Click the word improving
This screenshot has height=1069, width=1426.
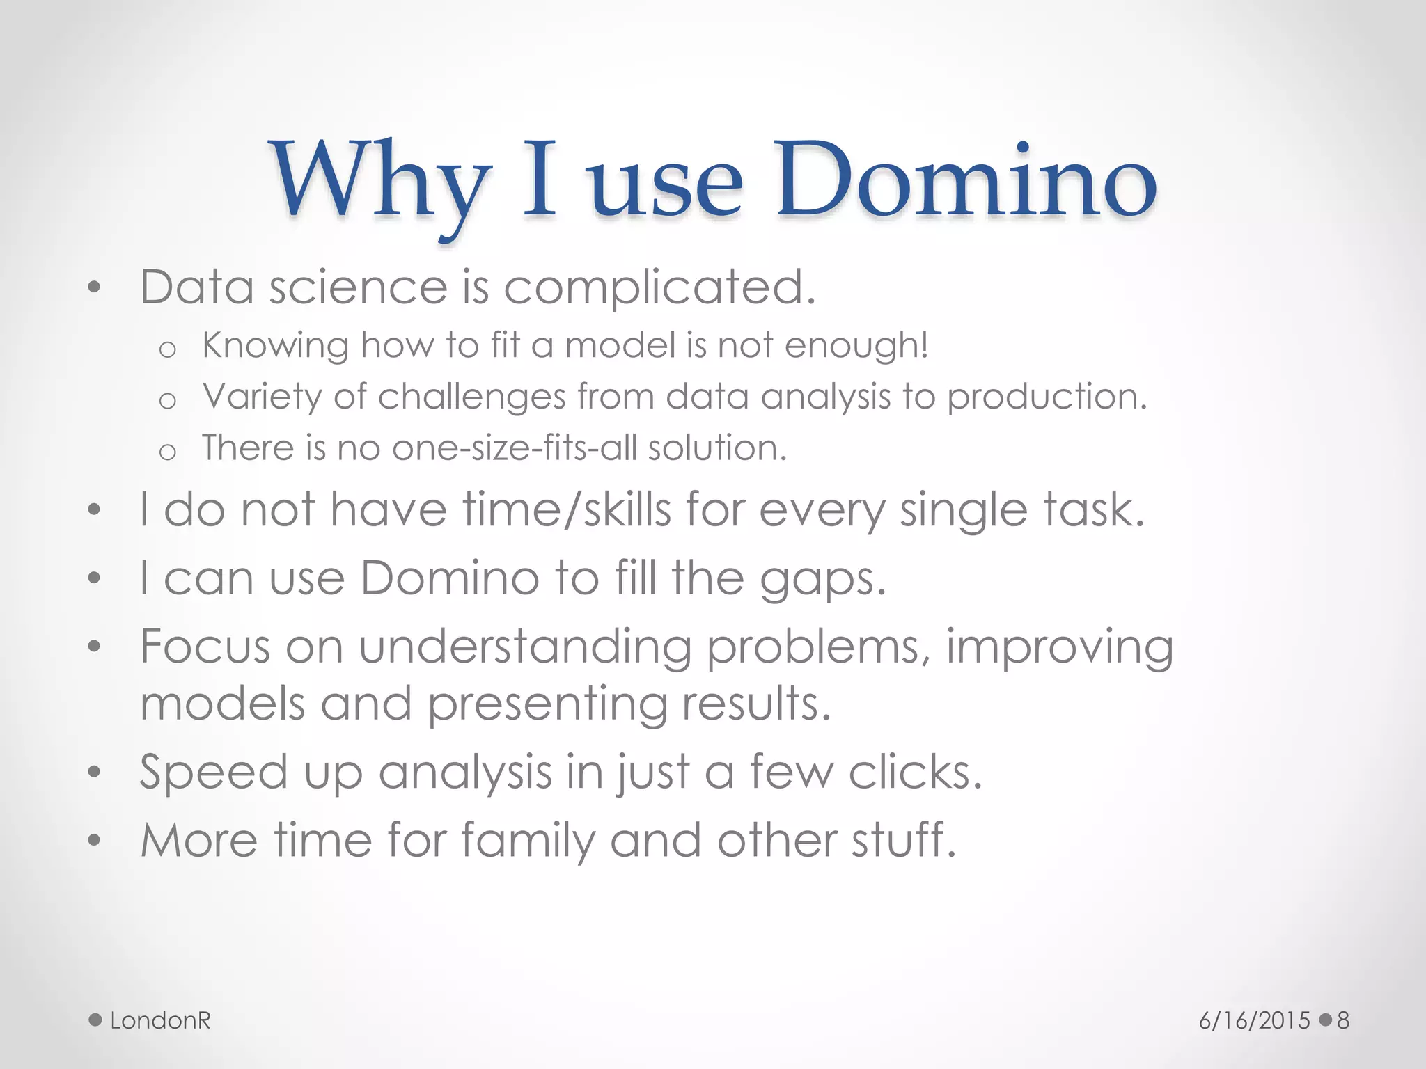(x=1059, y=648)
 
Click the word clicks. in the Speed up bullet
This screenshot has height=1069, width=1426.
(x=915, y=772)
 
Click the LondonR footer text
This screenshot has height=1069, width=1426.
(x=160, y=1020)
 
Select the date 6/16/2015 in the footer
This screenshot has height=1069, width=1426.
(x=1254, y=1021)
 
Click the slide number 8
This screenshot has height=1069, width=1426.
(x=1343, y=1021)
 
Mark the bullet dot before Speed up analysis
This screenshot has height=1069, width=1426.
(x=95, y=772)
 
